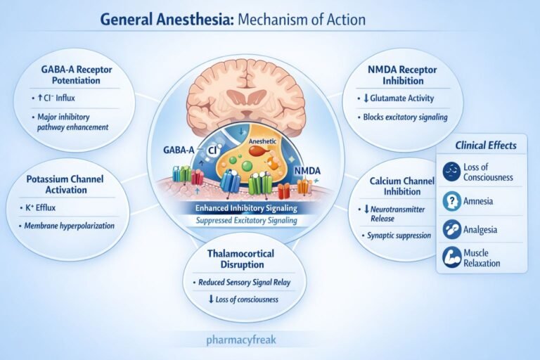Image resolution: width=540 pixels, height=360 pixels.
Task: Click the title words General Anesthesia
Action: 166,18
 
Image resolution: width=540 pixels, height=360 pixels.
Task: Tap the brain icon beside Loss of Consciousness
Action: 451,172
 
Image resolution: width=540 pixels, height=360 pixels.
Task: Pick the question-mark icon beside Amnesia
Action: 451,201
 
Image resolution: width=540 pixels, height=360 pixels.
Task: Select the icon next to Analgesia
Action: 451,229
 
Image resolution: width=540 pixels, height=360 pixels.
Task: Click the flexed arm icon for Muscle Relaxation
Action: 451,257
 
